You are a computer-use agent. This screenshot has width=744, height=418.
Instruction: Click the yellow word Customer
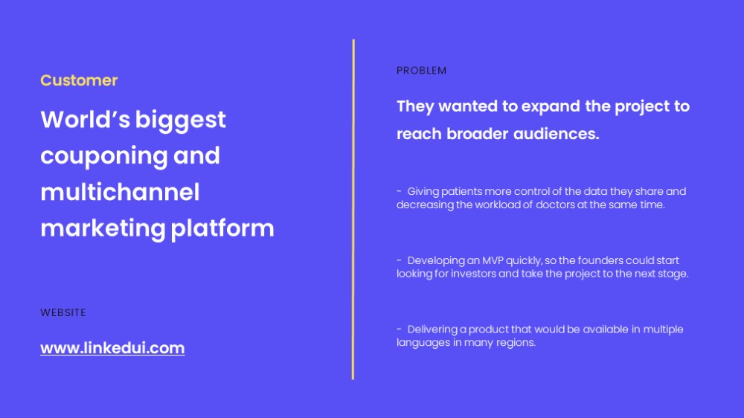(x=79, y=80)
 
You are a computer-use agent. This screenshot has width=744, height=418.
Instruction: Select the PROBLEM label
(x=421, y=70)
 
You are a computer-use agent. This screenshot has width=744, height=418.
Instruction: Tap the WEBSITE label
(x=63, y=312)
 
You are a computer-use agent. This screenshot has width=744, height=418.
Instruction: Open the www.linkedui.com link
(x=112, y=348)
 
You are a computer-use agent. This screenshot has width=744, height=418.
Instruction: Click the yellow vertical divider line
(x=353, y=209)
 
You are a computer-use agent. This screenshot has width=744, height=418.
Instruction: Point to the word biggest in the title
(x=180, y=120)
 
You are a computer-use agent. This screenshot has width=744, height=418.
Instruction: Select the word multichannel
(x=120, y=192)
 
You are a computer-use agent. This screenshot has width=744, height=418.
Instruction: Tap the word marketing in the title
(x=103, y=228)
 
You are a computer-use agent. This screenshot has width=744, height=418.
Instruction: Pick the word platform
(x=222, y=228)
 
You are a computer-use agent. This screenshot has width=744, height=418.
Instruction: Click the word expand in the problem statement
(x=551, y=107)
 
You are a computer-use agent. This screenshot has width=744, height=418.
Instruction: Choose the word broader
(x=478, y=134)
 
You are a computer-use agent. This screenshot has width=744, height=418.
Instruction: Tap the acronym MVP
(x=493, y=260)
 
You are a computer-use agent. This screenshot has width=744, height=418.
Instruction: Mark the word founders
(x=600, y=260)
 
